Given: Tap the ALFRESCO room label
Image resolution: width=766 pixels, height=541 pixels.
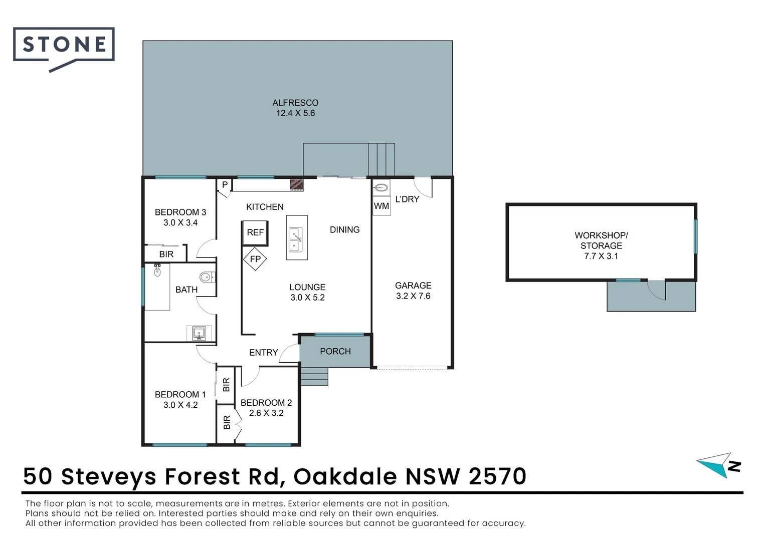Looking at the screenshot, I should (x=295, y=103).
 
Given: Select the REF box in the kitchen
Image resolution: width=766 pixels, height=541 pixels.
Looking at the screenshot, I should (x=255, y=232).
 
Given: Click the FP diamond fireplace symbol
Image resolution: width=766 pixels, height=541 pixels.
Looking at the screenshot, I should (x=255, y=259).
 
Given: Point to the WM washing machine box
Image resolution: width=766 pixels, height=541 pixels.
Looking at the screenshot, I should (x=381, y=206).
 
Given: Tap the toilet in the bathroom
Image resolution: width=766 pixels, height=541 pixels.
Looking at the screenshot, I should (x=207, y=277).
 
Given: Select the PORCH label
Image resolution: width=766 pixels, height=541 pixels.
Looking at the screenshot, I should (x=335, y=352).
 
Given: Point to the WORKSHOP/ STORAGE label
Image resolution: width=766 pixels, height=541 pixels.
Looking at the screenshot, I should (x=601, y=240).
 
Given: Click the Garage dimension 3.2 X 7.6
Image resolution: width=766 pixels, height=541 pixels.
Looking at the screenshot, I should (x=413, y=296).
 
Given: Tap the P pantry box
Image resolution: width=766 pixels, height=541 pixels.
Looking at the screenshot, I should (x=225, y=185).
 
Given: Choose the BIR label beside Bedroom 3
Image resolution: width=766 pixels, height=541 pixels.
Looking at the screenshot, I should (x=166, y=254).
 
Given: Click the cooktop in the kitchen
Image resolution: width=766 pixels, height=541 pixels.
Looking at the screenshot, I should (x=297, y=185).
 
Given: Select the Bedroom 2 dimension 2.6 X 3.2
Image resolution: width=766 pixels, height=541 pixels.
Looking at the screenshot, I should (x=266, y=413).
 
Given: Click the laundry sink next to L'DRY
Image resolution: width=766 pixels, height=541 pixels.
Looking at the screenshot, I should (x=381, y=188).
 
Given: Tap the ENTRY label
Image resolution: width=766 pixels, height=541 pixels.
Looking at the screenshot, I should (x=263, y=353).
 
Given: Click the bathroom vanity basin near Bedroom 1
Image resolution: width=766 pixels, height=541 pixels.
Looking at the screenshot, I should (x=200, y=333).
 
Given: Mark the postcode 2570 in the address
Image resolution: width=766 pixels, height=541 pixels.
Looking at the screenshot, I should (x=497, y=476).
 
